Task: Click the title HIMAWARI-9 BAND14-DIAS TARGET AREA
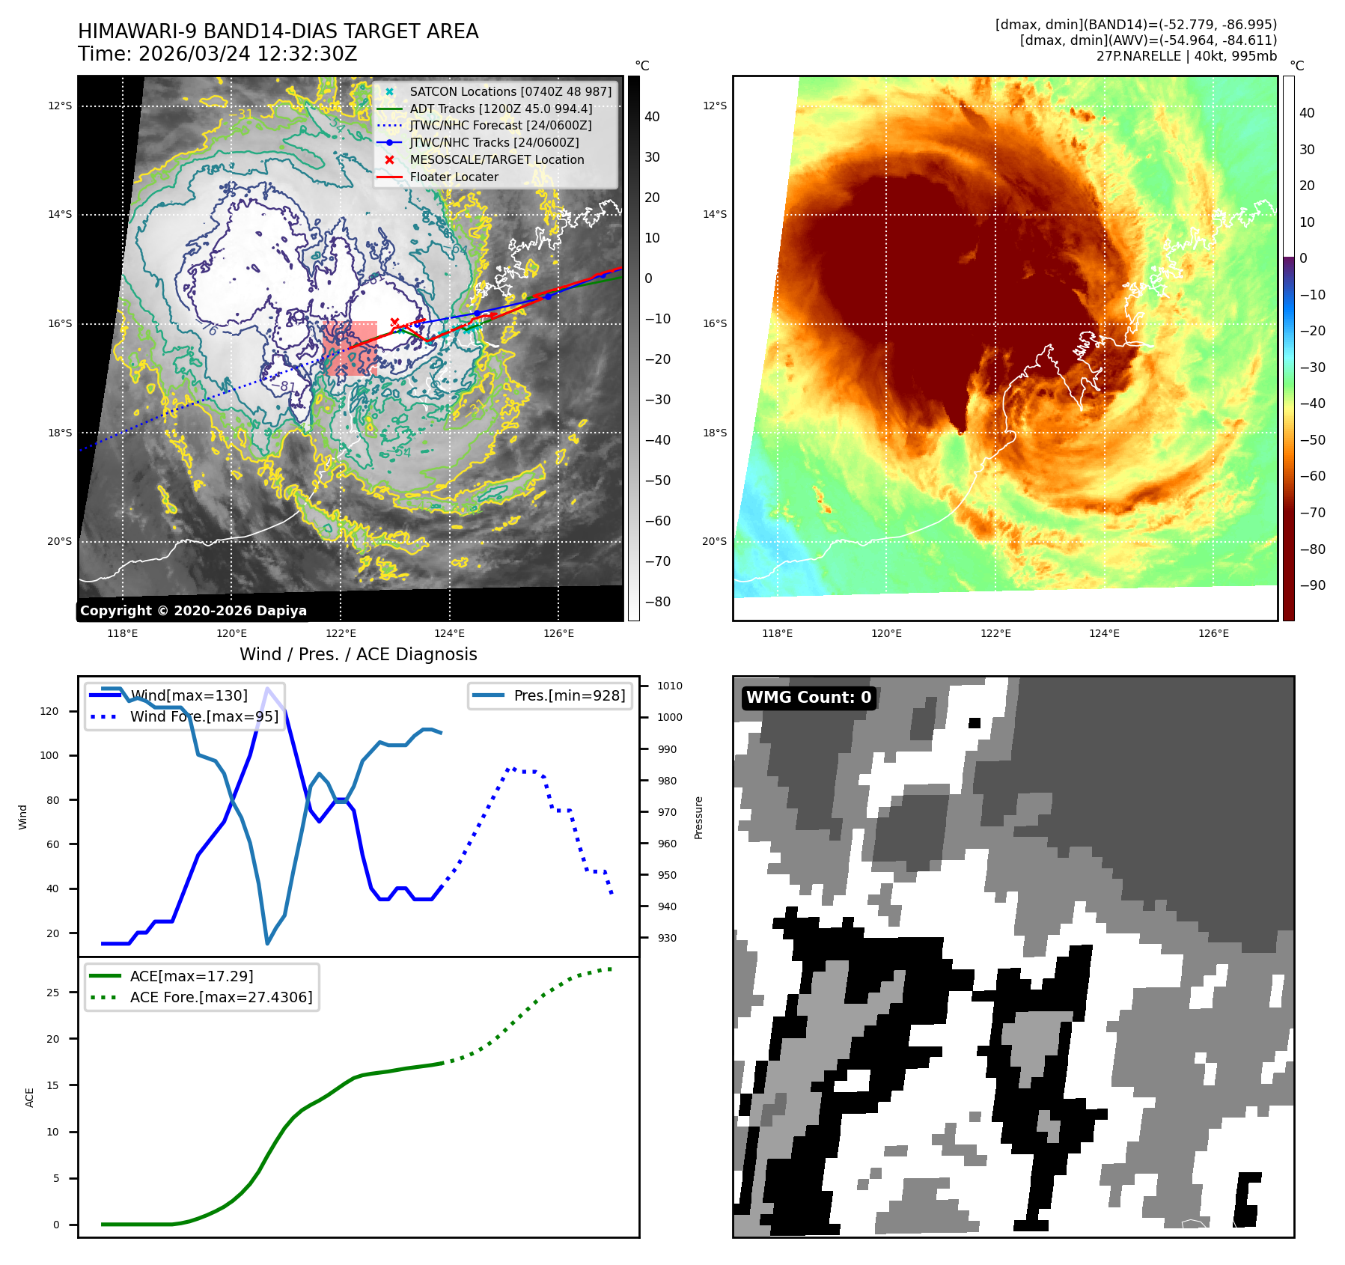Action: (278, 31)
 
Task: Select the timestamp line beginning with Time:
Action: (217, 54)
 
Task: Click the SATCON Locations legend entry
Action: (510, 91)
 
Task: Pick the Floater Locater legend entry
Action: (454, 177)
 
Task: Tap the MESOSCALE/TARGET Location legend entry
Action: (496, 159)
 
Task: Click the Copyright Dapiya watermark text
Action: (193, 611)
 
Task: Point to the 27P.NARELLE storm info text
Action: (1186, 56)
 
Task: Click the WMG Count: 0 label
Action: (808, 698)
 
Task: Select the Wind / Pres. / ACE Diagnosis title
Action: (358, 654)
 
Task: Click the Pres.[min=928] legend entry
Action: (569, 695)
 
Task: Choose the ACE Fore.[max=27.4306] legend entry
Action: (221, 997)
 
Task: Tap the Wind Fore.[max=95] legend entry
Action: (204, 716)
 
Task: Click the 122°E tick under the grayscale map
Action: (341, 634)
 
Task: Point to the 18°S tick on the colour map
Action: (714, 433)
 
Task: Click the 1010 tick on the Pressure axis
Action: (670, 686)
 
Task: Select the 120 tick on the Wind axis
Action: (49, 711)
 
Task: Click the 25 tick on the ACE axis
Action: (52, 993)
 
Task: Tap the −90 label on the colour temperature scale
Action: (1312, 585)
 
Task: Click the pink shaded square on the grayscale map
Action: (350, 348)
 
